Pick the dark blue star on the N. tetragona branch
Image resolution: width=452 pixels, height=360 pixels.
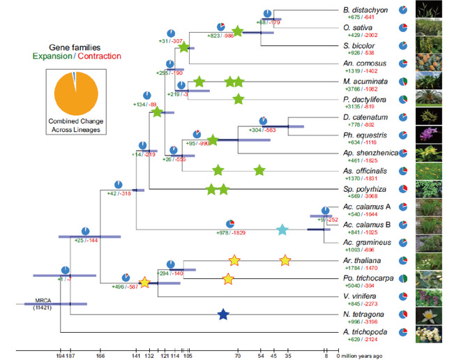pyautogui.click(x=223, y=315)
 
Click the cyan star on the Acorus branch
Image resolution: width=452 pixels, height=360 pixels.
pyautogui.click(x=282, y=230)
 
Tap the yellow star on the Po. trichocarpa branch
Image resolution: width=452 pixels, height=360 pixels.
pyautogui.click(x=227, y=279)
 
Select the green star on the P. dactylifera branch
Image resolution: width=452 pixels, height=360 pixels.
pyautogui.click(x=239, y=99)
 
